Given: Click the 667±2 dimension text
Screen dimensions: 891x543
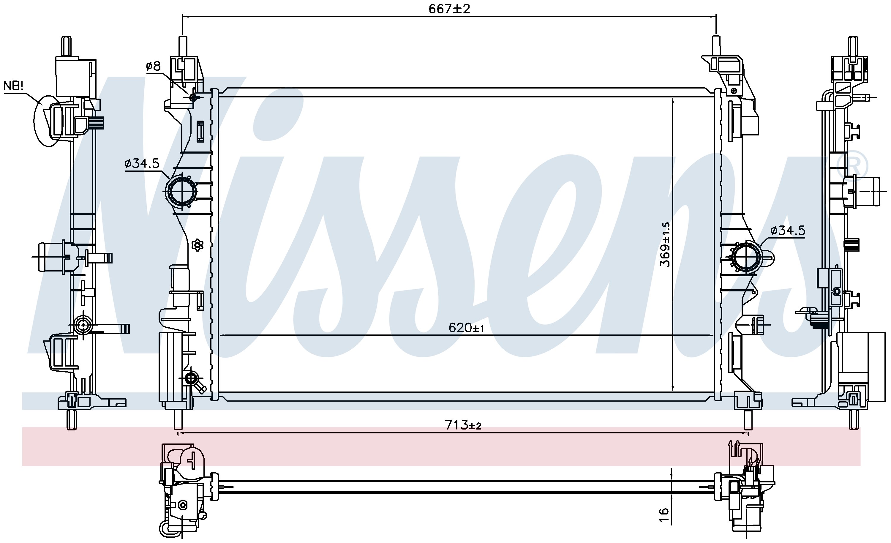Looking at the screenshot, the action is pos(449,9).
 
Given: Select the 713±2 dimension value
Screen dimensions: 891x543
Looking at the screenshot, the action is pos(463,425).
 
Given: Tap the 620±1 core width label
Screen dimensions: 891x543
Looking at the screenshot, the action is pos(466,328).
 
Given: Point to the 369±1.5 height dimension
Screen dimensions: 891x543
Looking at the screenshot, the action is pos(665,244).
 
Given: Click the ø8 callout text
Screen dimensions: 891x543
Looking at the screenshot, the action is pos(153,66).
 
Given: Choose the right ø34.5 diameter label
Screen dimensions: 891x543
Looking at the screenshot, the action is pos(788,231).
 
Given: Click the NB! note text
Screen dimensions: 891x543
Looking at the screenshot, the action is pos(13,86).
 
